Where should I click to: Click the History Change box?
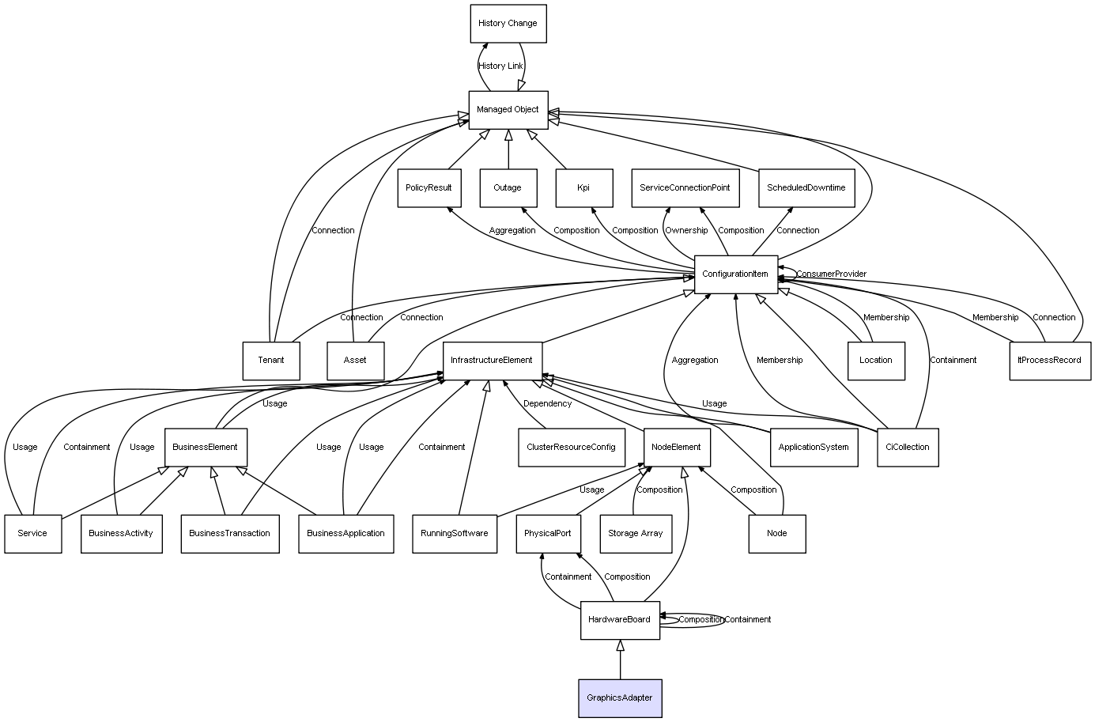[x=508, y=24]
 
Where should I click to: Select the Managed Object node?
[x=508, y=110]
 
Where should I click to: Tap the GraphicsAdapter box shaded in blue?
[x=620, y=698]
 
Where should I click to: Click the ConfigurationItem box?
[x=735, y=274]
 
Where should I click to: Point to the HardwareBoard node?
[x=620, y=620]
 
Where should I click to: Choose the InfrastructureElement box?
[x=492, y=361]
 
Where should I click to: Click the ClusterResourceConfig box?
[x=571, y=448]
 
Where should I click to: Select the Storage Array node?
[x=635, y=534]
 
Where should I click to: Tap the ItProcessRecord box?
[x=1049, y=361]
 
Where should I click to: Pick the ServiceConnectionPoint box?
[x=685, y=188]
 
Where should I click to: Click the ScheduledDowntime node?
[x=806, y=188]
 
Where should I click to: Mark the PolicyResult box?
[x=429, y=188]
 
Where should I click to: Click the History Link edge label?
[x=500, y=66]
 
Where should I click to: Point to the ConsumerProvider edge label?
[x=831, y=274]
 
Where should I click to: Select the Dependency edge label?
[x=547, y=404]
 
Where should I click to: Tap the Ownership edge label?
[x=686, y=231]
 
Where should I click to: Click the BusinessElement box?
[x=206, y=448]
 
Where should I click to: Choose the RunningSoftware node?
[x=455, y=534]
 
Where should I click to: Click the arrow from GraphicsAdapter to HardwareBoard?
[x=620, y=660]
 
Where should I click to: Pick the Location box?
[x=875, y=361]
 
